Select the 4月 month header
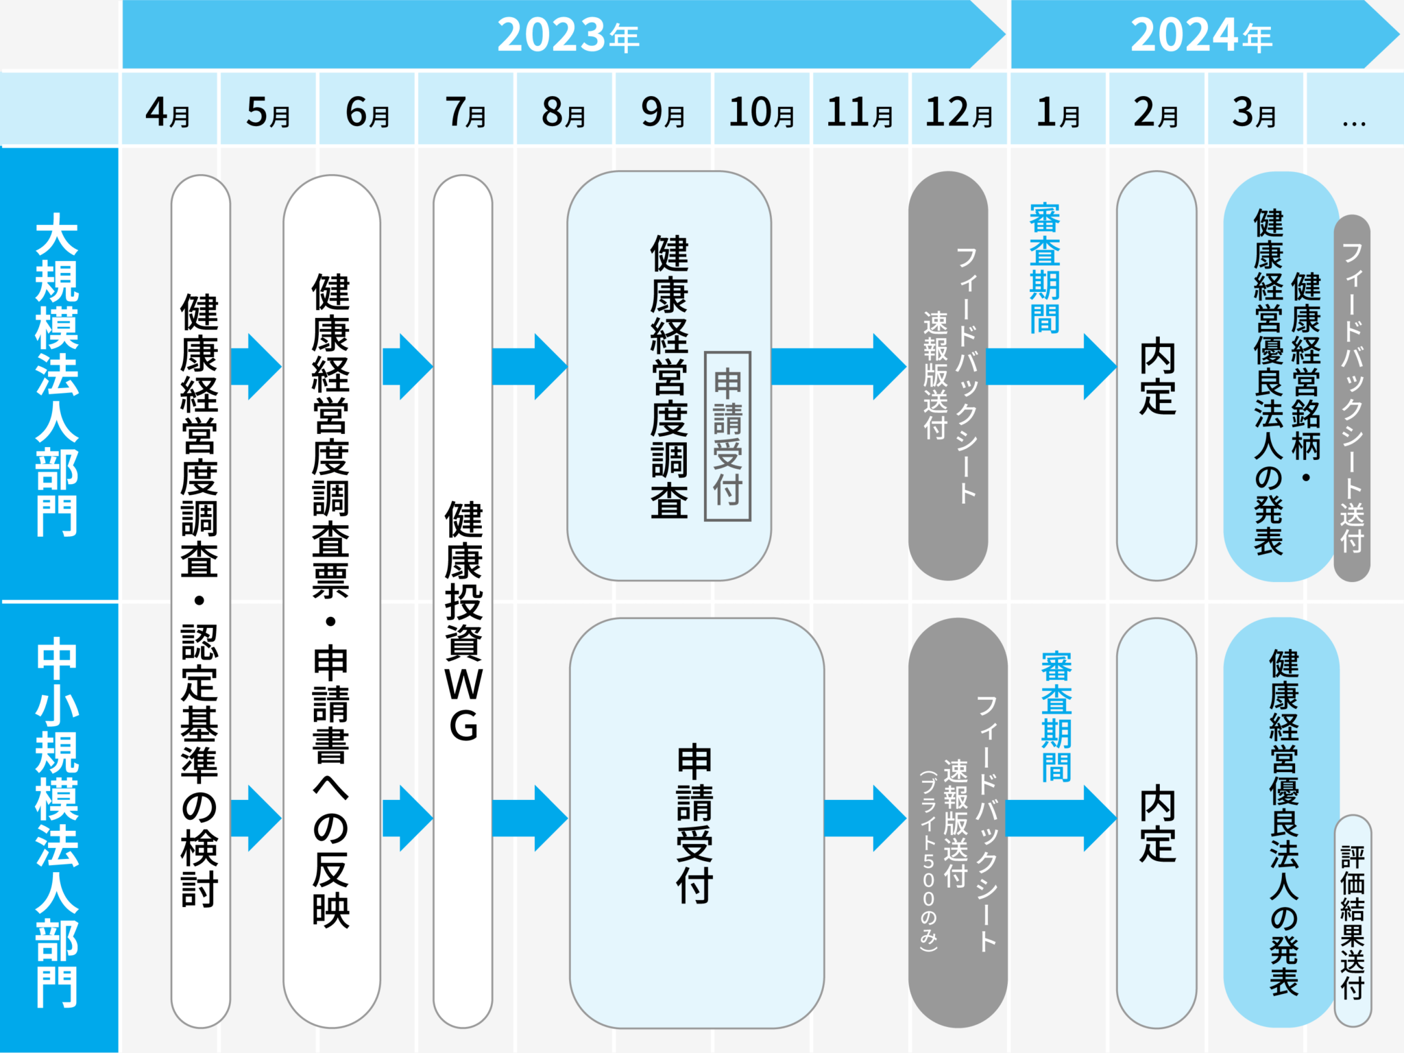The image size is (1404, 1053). [x=169, y=111]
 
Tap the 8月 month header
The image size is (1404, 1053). [x=564, y=111]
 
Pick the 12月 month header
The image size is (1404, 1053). [x=958, y=111]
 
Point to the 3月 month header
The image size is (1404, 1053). [x=1254, y=111]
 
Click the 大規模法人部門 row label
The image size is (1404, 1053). [x=58, y=374]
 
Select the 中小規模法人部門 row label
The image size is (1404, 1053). [x=58, y=823]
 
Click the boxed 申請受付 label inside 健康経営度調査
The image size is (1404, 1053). [x=727, y=437]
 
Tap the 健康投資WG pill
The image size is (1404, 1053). [x=463, y=601]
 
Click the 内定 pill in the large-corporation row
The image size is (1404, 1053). [x=1157, y=376]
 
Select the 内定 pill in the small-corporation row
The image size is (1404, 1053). [x=1157, y=823]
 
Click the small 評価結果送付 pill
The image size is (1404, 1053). [x=1353, y=921]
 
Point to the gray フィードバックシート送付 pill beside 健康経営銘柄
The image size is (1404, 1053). [x=1352, y=398]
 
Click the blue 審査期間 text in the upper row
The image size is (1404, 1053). [x=1044, y=268]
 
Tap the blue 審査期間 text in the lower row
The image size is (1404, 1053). [x=1056, y=716]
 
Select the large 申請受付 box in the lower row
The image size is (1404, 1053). [x=696, y=823]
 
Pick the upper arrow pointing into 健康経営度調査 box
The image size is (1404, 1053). [x=529, y=367]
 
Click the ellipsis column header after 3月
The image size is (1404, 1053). [x=1353, y=111]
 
